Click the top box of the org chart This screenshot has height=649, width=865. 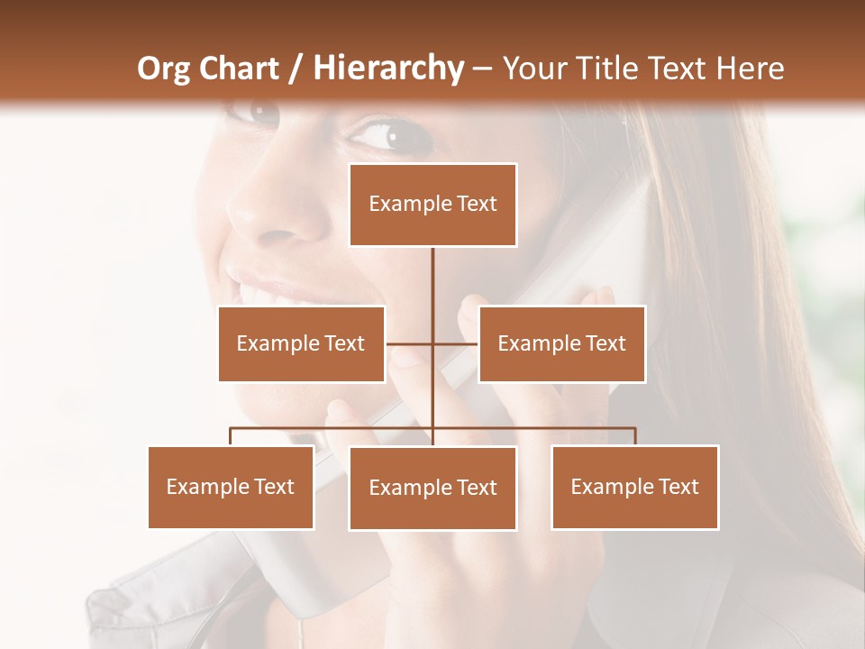click(x=432, y=205)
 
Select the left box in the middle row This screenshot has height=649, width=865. click(x=301, y=343)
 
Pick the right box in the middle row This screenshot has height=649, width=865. click(x=561, y=343)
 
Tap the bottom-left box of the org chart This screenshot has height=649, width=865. click(x=231, y=487)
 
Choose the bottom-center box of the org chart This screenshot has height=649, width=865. click(x=432, y=488)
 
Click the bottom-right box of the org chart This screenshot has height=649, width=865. click(x=634, y=487)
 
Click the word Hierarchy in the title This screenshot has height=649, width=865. click(x=388, y=69)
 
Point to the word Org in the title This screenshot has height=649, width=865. click(x=165, y=69)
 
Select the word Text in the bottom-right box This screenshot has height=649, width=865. click(x=678, y=487)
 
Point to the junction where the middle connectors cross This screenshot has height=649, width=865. click(x=432, y=343)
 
